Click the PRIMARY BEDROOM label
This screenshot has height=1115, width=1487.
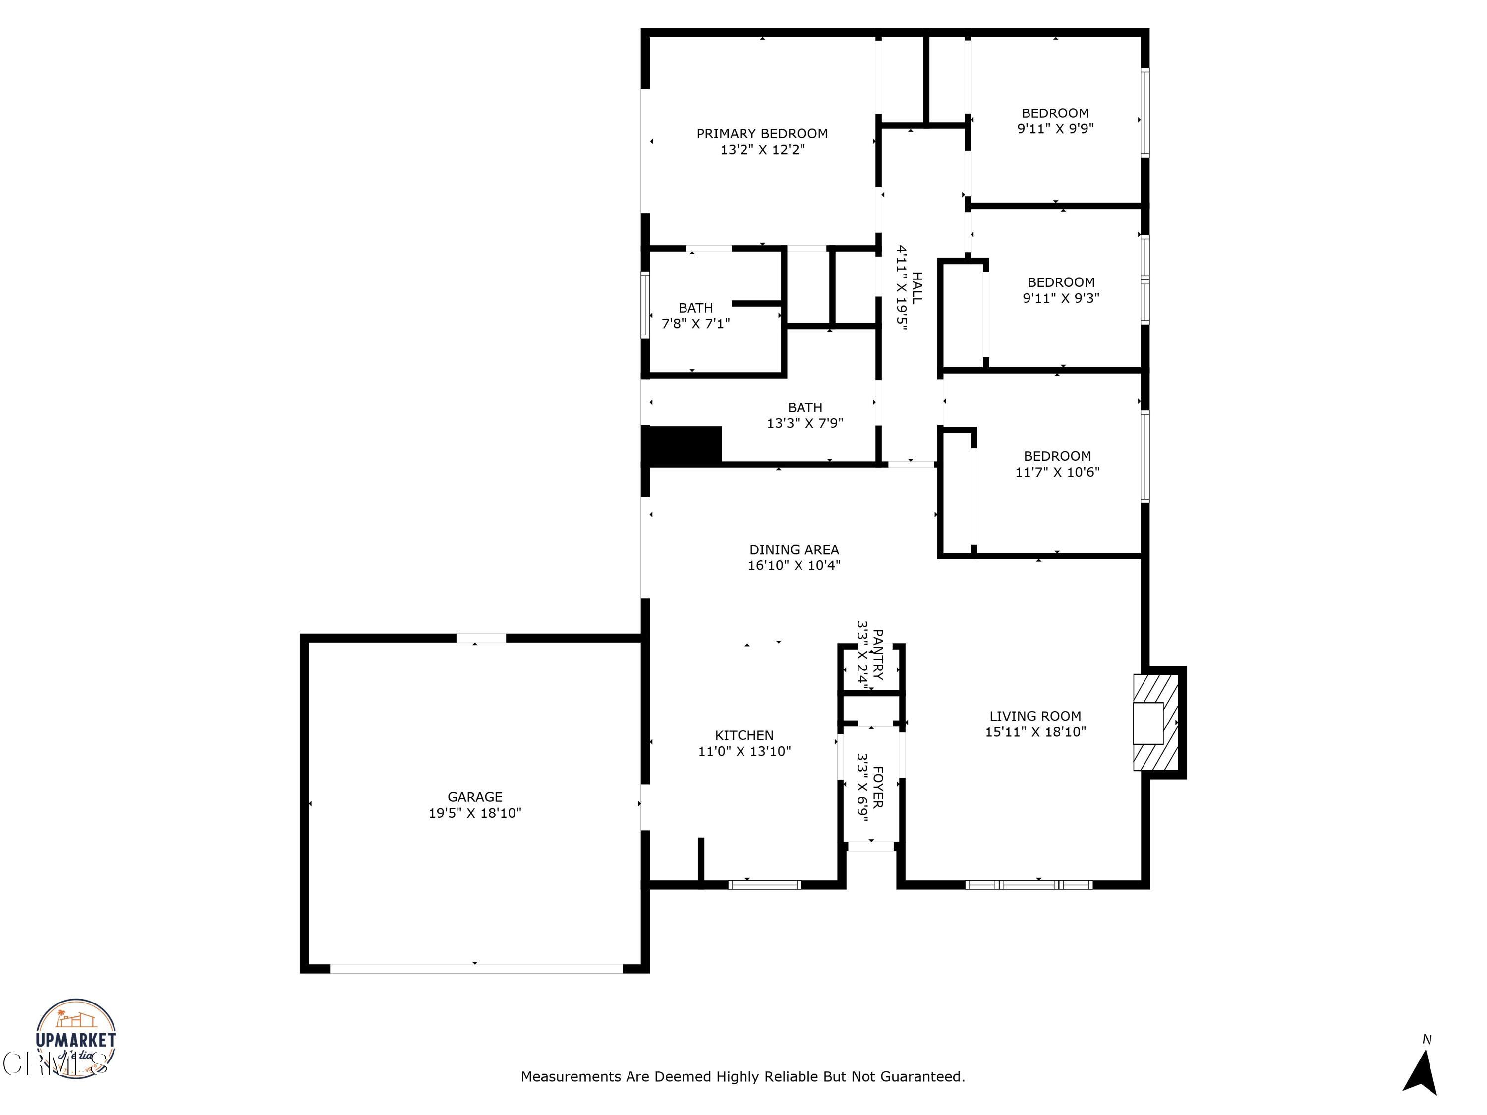[x=762, y=134]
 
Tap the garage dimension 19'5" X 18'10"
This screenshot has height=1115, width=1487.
[x=475, y=813]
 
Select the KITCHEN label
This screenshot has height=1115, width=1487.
[x=743, y=735]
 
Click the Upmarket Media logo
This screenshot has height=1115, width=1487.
[x=75, y=1038]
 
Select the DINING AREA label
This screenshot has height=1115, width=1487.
[x=794, y=549]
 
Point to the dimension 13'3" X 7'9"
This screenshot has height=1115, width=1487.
[x=804, y=423]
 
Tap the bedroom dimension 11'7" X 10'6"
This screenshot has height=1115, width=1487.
[x=1057, y=472]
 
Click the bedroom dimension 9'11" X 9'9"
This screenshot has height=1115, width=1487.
[x=1055, y=129]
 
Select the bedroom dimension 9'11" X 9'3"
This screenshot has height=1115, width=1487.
[x=1061, y=298]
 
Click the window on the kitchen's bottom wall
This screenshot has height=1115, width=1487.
[x=764, y=885]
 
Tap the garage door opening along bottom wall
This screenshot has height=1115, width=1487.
[x=476, y=968]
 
